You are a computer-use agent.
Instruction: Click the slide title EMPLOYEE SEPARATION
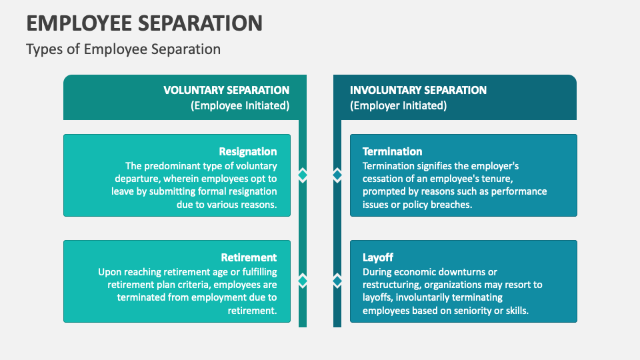tap(144, 23)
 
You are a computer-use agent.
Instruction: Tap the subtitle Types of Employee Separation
tap(123, 49)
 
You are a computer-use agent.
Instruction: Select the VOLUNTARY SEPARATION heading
tap(227, 90)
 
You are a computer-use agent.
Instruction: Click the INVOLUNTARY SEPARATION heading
tap(418, 90)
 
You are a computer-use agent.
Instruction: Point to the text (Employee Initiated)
tap(240, 105)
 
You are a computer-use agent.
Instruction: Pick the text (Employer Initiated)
tap(398, 105)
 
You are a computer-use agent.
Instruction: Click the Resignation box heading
tap(248, 151)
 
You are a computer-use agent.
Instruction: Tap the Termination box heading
tap(392, 151)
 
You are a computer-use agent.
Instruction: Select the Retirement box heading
tap(249, 257)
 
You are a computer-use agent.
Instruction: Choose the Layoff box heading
tap(378, 257)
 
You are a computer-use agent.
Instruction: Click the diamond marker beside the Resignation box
tap(303, 175)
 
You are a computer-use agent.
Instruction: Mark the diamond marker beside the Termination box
tap(337, 175)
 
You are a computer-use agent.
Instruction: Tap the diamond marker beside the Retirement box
tap(303, 280)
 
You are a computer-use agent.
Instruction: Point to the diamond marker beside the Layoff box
tap(337, 280)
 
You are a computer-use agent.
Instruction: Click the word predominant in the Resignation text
tap(175, 166)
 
